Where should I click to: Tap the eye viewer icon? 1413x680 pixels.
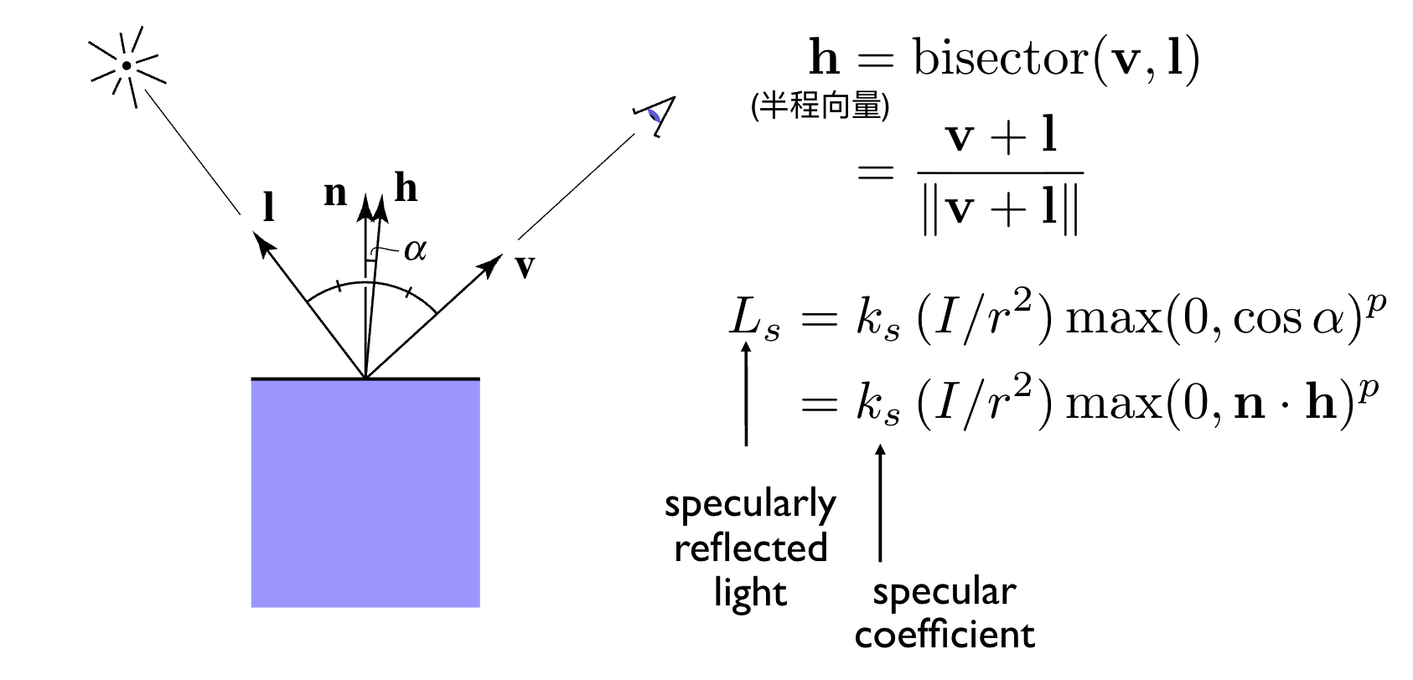[655, 116]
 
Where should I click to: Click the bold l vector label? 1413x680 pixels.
[269, 206]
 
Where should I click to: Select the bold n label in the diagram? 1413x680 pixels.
[335, 193]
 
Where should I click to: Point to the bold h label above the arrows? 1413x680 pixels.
[406, 188]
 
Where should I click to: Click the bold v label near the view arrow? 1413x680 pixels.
[525, 265]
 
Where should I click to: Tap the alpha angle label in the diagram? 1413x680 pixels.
[415, 250]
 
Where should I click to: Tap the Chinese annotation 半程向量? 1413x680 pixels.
[820, 106]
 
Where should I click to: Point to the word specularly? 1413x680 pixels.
[750, 505]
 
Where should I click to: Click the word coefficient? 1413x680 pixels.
[945, 635]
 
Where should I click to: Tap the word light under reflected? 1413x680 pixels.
[750, 593]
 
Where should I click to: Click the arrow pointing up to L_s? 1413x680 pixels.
[746, 394]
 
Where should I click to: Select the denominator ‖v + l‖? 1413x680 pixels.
[1000, 209]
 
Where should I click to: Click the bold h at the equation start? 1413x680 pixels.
[824, 59]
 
